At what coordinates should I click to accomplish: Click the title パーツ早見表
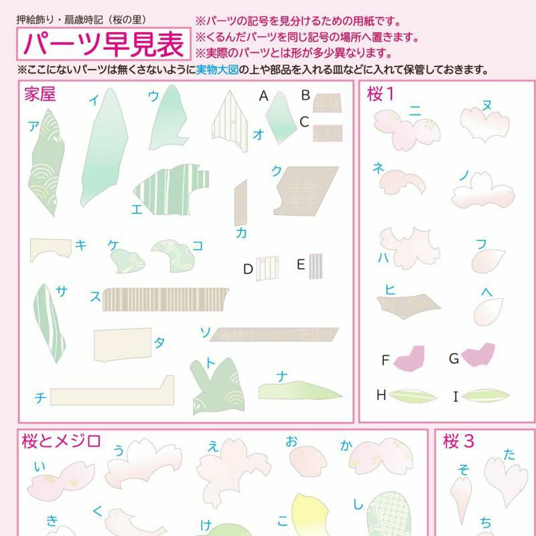104,44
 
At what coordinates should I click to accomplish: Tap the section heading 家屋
40,94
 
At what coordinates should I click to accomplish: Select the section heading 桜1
381,94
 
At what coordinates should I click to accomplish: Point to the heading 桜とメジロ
61,441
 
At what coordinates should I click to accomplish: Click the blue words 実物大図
217,70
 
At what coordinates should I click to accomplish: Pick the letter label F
385,360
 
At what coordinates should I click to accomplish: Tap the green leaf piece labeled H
412,396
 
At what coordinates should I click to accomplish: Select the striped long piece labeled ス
165,299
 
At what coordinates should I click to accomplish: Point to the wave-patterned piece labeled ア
46,161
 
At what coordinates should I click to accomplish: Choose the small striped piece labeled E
316,266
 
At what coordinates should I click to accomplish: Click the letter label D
248,269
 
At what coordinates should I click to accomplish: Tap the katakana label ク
276,171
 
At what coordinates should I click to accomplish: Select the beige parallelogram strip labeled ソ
274,334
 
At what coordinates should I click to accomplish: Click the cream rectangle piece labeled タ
123,344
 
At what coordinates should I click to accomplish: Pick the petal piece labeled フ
488,261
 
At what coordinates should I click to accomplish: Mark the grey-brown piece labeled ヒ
409,306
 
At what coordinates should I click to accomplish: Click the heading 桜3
458,441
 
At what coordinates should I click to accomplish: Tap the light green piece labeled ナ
299,391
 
